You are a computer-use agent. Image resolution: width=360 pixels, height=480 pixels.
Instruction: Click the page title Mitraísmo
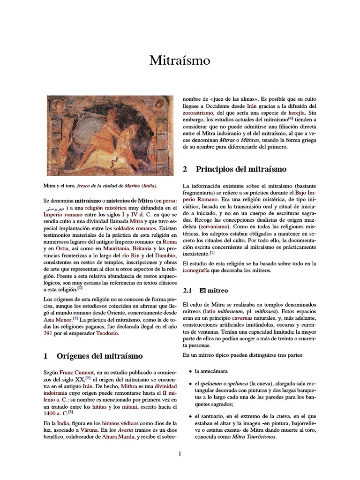point(180,60)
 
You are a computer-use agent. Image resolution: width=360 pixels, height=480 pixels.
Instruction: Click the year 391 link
point(50,333)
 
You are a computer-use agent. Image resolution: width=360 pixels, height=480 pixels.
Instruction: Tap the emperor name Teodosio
point(108,333)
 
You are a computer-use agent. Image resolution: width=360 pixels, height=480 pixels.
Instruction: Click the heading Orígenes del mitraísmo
point(99,356)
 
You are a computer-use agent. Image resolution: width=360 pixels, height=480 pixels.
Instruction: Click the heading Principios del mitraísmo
point(241,169)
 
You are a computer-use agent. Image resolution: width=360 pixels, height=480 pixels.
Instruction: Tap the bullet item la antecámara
point(211,371)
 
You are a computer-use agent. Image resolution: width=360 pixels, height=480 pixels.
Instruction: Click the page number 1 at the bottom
point(180,454)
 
